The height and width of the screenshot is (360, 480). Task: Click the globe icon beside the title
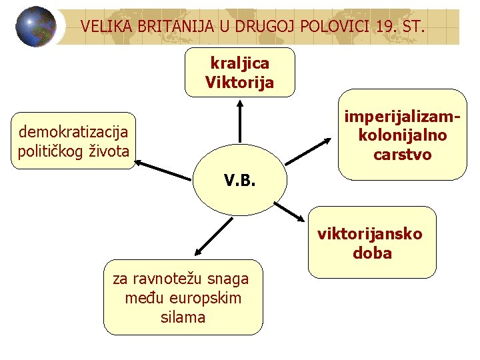pos(36,27)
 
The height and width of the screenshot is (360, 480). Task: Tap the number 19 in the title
pos(381,27)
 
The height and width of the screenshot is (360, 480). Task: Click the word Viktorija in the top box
pos(239,83)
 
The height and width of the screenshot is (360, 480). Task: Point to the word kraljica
pos(239,63)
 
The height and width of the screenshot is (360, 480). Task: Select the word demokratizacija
pos(73,131)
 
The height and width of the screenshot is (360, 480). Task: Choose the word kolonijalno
pos(402,135)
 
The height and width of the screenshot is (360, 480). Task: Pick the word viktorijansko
pos(369,234)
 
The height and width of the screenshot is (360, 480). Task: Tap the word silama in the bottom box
pos(183,317)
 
